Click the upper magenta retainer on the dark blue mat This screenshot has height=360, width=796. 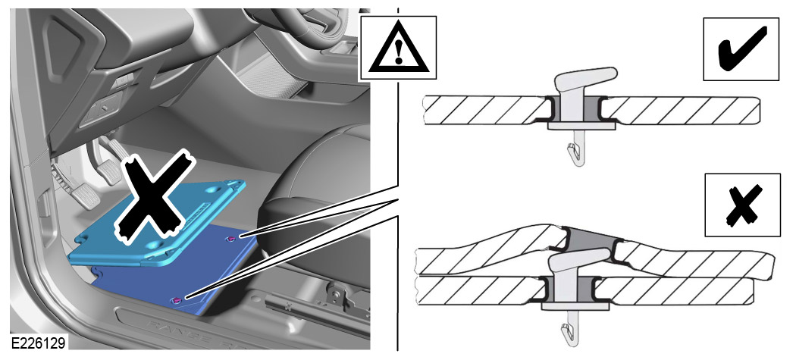click(x=231, y=238)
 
